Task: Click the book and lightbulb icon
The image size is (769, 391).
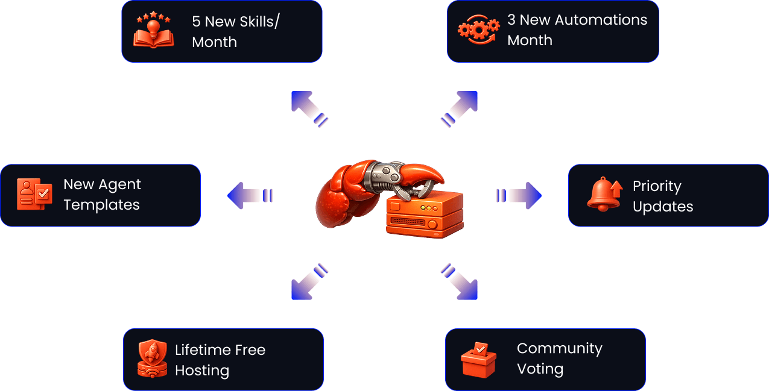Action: (x=153, y=31)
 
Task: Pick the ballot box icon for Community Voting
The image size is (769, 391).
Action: (x=478, y=360)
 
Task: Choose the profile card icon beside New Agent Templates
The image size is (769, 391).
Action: (x=34, y=194)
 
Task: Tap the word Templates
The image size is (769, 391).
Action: (x=101, y=205)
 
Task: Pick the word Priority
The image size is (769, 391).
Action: (x=657, y=187)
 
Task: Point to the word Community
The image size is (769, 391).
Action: (x=559, y=349)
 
